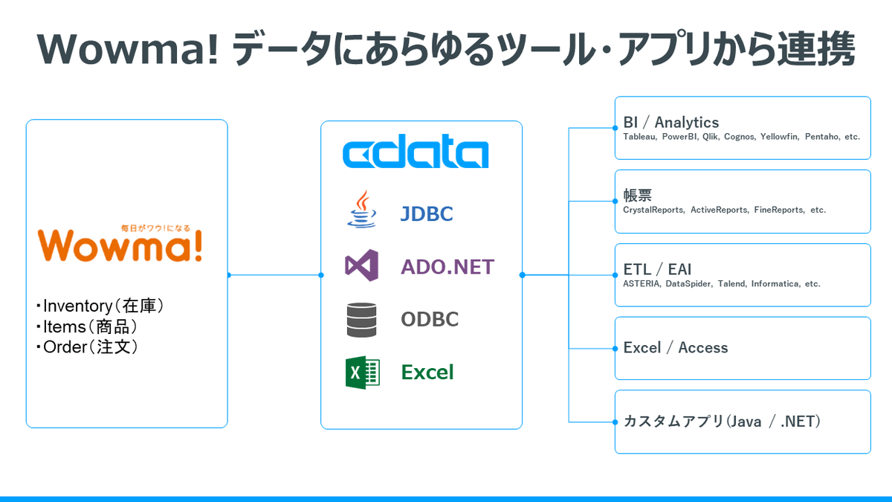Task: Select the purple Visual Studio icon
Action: tap(362, 266)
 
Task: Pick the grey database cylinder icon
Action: tap(362, 320)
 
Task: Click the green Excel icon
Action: tap(362, 372)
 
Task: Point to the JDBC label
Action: tap(427, 214)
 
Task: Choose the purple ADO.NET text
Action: tap(447, 266)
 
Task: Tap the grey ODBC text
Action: tap(430, 320)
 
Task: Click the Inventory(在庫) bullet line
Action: tap(100, 306)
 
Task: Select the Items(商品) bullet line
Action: tap(88, 326)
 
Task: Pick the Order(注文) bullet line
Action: tap(88, 347)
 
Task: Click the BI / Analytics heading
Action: tap(671, 122)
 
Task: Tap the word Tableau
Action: tap(639, 137)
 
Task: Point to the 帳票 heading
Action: tap(638, 196)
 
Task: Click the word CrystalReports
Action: tap(653, 210)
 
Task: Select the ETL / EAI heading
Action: tap(658, 269)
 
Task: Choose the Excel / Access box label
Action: tap(676, 347)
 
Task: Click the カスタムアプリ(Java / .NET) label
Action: tap(722, 422)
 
